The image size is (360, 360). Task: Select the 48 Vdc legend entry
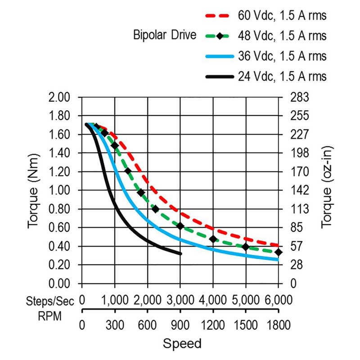(282, 36)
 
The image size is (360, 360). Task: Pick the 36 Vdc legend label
(282, 56)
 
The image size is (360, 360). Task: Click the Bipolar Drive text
(165, 35)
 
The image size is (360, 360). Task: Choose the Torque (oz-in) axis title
(328, 190)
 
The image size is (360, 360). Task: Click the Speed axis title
(182, 344)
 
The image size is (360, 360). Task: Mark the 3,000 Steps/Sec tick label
(180, 300)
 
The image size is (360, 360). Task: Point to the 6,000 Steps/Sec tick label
(278, 300)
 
